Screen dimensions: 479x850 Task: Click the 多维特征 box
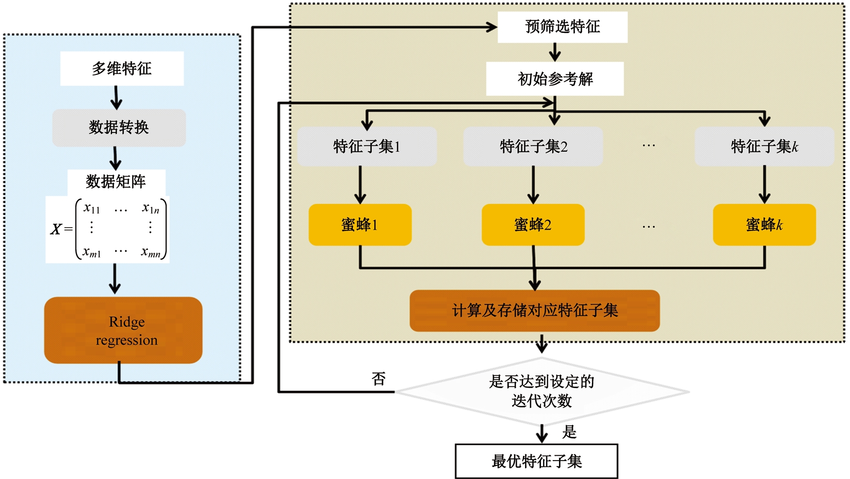point(122,69)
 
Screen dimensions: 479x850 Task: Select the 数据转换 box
point(119,128)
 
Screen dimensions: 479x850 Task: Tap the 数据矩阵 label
point(116,182)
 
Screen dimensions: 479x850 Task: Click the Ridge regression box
point(123,331)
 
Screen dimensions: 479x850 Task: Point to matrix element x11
point(91,208)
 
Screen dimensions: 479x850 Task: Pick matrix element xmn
point(151,252)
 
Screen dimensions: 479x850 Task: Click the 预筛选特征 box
point(562,27)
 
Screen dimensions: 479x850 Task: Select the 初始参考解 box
point(555,79)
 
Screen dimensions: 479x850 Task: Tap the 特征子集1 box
point(367,146)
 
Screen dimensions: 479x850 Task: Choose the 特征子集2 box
point(533,146)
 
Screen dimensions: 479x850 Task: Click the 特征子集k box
point(764,146)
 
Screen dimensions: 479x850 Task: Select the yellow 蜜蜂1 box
point(360,225)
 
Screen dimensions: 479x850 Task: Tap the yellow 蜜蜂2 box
point(533,225)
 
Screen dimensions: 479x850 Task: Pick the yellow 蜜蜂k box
point(764,225)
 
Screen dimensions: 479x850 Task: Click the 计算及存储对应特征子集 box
point(535,311)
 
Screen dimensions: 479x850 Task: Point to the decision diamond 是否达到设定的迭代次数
point(542,392)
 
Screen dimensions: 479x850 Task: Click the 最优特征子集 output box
point(537,461)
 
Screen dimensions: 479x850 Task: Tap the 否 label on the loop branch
point(379,378)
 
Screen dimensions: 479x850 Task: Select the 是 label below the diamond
point(569,432)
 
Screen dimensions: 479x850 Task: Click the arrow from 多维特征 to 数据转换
point(116,98)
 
